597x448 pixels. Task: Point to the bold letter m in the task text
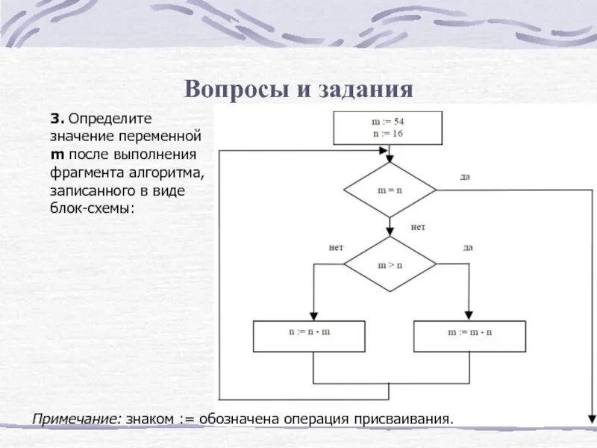coord(57,155)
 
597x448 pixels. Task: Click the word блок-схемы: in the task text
coord(93,209)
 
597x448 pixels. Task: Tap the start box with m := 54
coord(387,127)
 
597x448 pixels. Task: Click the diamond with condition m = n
coord(389,190)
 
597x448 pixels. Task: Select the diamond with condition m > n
coord(389,264)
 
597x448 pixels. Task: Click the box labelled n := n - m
coord(310,336)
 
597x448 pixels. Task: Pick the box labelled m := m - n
coord(469,336)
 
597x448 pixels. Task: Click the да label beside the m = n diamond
coord(465,177)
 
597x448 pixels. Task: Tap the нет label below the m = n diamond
coord(418,226)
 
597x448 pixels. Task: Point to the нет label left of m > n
coord(336,247)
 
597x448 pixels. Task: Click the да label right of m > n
coord(468,247)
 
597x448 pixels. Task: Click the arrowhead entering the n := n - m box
coord(313,315)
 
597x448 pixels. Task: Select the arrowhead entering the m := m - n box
coord(469,315)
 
